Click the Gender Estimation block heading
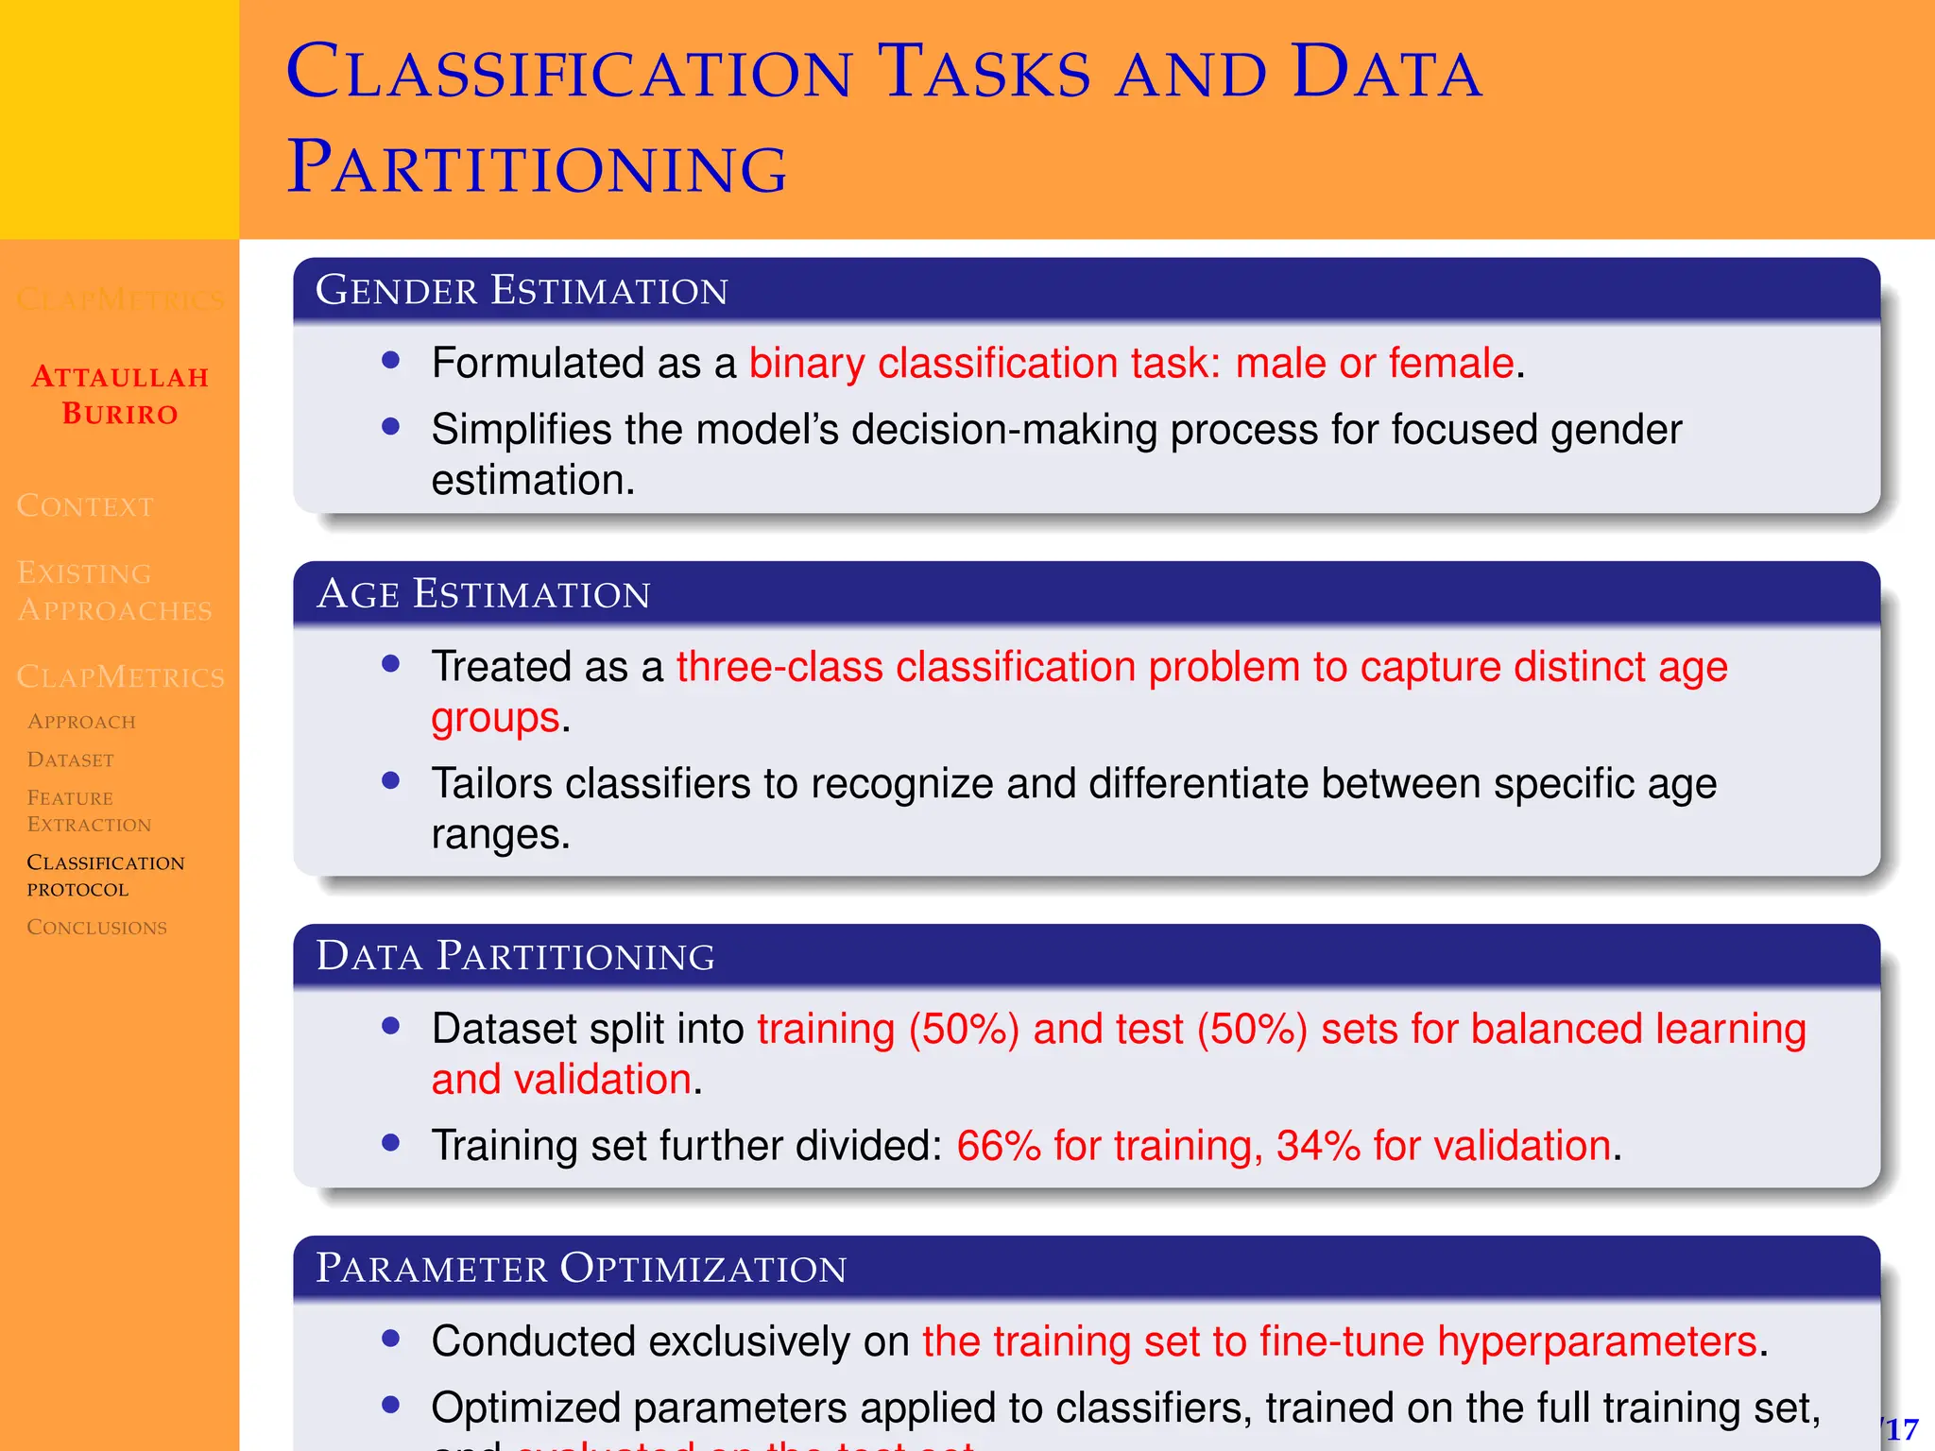pos(522,290)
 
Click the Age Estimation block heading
pos(483,593)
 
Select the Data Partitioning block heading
pos(515,956)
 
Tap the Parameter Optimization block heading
pos(580,1268)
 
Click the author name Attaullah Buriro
pos(120,395)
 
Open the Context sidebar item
pos(85,506)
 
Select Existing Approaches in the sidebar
pos(113,591)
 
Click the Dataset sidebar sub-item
pos(71,760)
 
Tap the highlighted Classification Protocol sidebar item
pos(105,875)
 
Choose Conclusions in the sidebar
pos(96,927)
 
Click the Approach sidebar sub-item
pos(81,722)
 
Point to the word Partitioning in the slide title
pos(537,168)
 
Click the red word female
pos(1450,364)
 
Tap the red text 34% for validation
pos(1443,1145)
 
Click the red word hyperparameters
pos(1597,1341)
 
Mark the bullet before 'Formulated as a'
pos(391,360)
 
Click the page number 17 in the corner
pos(1901,1429)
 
